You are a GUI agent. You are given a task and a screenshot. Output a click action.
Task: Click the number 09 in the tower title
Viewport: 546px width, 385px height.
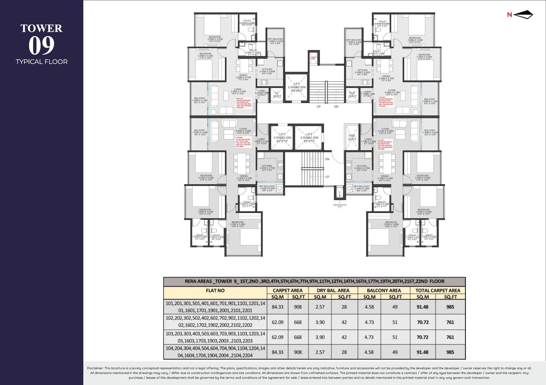pos(41,46)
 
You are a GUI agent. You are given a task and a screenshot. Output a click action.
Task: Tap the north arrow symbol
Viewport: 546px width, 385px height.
pos(523,15)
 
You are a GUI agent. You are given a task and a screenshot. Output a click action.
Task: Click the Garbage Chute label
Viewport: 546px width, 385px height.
pos(313,58)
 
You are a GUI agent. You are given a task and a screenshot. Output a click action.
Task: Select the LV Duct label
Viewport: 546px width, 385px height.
pos(277,95)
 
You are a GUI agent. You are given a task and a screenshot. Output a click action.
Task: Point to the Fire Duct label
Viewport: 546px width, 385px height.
pos(352,137)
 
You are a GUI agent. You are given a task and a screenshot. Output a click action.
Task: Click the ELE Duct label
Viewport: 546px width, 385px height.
pos(352,95)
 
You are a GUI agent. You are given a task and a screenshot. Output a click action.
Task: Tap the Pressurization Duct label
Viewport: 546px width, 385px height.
pos(340,206)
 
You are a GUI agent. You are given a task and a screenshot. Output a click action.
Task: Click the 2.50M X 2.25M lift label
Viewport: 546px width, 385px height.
pos(309,138)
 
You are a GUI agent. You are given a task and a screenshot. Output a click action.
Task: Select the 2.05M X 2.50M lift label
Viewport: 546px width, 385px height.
pos(296,87)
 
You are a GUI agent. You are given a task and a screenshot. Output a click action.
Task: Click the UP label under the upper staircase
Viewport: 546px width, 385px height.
pos(319,107)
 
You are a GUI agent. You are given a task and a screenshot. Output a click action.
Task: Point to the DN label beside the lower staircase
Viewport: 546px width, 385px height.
pos(327,159)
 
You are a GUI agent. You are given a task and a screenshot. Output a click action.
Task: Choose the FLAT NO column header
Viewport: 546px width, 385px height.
pos(215,290)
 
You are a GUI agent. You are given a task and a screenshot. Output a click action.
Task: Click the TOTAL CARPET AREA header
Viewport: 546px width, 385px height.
pos(438,290)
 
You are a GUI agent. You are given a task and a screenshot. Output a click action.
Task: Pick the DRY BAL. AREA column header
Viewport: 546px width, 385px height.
pos(333,290)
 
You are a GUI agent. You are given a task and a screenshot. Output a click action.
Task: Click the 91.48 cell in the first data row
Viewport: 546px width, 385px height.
pos(422,307)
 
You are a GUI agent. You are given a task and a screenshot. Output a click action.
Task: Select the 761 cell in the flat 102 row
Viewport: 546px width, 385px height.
pos(450,322)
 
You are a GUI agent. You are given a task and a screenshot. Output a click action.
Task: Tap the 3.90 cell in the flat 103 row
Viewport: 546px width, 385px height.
pos(320,337)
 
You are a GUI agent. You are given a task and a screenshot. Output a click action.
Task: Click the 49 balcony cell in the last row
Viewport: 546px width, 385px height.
pos(395,352)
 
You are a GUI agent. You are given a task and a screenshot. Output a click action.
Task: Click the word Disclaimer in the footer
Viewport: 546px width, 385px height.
pos(95,368)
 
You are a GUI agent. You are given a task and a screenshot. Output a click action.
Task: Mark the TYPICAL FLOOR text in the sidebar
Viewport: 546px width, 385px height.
pos(41,62)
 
